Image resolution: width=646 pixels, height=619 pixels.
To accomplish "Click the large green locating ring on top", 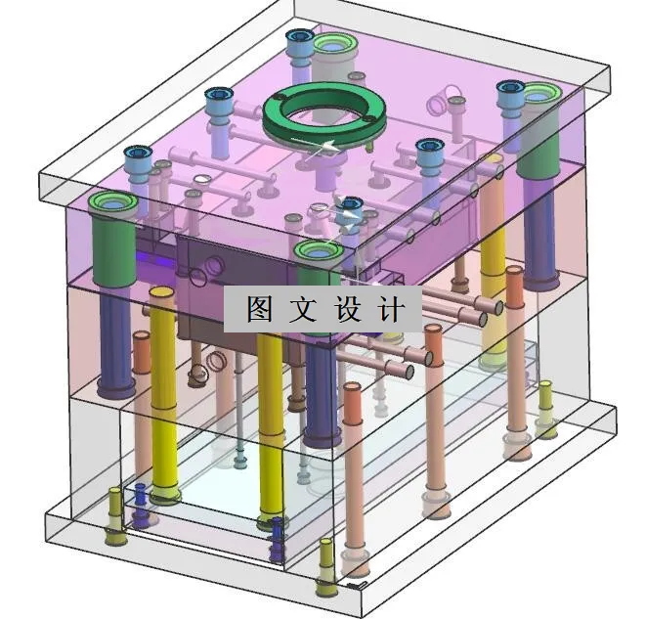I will (x=323, y=112).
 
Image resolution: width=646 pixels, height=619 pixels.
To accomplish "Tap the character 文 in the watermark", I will (x=303, y=310).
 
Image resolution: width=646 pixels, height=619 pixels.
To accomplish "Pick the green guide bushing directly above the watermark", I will (x=320, y=253).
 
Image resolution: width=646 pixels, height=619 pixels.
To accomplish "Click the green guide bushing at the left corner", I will (x=111, y=207).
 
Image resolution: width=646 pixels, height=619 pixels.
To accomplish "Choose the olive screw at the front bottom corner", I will (x=326, y=567).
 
